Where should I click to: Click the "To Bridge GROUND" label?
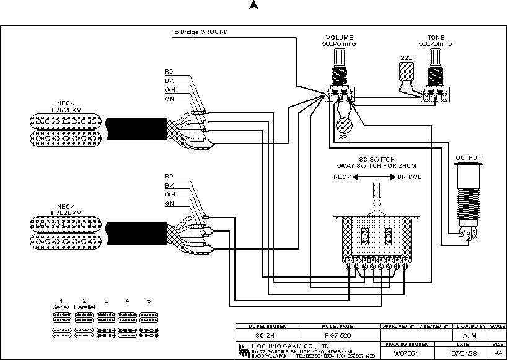(200, 32)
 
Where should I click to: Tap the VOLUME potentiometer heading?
(339, 38)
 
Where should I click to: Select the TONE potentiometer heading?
(436, 38)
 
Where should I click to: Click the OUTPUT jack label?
(469, 158)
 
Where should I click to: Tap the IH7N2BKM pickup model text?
(66, 109)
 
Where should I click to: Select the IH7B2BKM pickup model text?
(66, 213)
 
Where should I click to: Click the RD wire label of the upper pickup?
(169, 71)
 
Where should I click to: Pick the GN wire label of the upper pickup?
(169, 99)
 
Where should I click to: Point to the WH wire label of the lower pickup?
(169, 194)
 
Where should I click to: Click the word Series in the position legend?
(61, 307)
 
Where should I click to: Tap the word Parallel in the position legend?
(85, 307)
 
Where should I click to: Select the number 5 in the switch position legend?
(149, 301)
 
